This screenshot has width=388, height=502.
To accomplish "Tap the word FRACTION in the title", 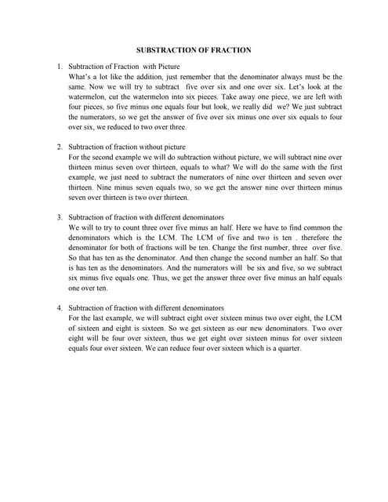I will point(230,50).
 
